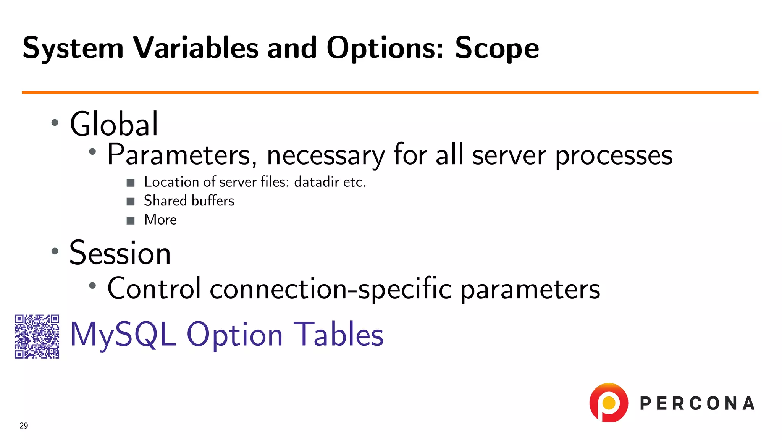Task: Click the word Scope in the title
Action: click(x=497, y=49)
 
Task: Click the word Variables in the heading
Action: click(x=196, y=49)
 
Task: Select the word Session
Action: click(x=120, y=253)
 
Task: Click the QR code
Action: click(x=37, y=336)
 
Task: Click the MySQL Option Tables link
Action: click(x=227, y=334)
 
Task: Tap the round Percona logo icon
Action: click(x=608, y=403)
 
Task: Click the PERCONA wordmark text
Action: click(x=697, y=404)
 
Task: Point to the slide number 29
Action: click(x=24, y=425)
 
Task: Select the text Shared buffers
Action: click(x=189, y=201)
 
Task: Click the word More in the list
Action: click(x=160, y=220)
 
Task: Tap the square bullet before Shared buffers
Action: click(x=131, y=201)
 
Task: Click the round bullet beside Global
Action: click(x=55, y=123)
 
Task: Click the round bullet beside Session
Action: click(x=55, y=251)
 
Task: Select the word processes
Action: click(x=614, y=156)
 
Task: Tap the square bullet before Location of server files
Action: click(x=131, y=183)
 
